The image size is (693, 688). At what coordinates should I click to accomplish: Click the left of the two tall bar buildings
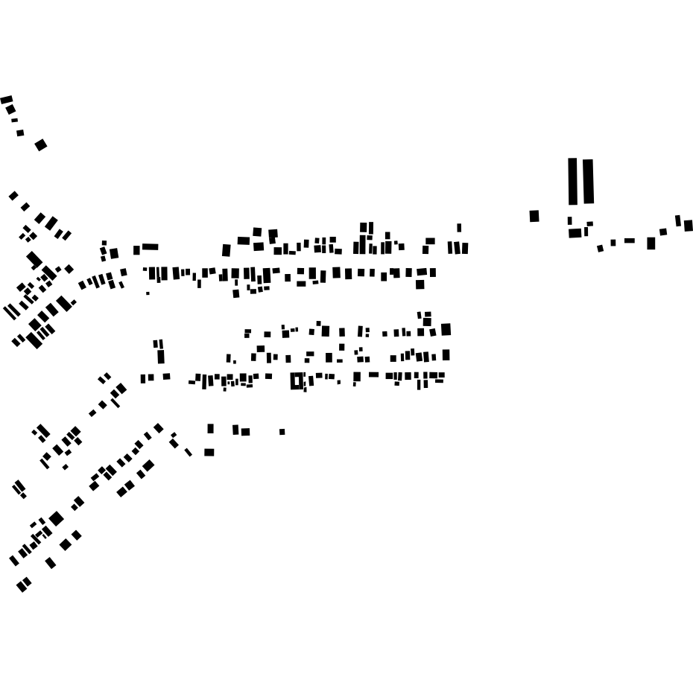coord(572,181)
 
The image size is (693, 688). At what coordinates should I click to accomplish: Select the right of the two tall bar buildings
coord(589,181)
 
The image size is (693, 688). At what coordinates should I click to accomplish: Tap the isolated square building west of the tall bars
coord(534,216)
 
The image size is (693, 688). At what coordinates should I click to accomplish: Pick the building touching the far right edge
coord(689,226)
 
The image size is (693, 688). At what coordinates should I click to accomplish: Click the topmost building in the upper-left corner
coord(7,100)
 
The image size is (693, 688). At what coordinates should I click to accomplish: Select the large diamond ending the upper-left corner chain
coord(41,145)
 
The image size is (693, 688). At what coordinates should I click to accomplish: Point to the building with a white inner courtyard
coord(297,381)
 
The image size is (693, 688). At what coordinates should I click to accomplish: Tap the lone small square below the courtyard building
coord(282,432)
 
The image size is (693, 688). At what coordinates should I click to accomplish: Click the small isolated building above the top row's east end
coord(459,228)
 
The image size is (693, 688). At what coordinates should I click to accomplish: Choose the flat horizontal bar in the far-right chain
coord(630,241)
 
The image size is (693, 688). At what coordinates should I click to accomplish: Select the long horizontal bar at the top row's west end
coord(151,246)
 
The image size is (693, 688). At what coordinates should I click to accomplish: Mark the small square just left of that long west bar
coord(137,250)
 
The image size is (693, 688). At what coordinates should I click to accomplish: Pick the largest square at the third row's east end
coord(446,329)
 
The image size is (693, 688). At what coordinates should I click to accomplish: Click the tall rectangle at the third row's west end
coord(161,357)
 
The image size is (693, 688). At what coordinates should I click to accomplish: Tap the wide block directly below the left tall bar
coord(575,233)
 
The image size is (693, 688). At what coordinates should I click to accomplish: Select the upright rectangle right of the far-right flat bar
coord(651,243)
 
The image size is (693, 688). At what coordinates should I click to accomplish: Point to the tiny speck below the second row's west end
coord(148,293)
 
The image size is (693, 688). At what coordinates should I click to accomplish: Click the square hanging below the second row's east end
coord(420,284)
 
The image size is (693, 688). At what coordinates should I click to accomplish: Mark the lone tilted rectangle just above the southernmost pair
coord(51,563)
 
